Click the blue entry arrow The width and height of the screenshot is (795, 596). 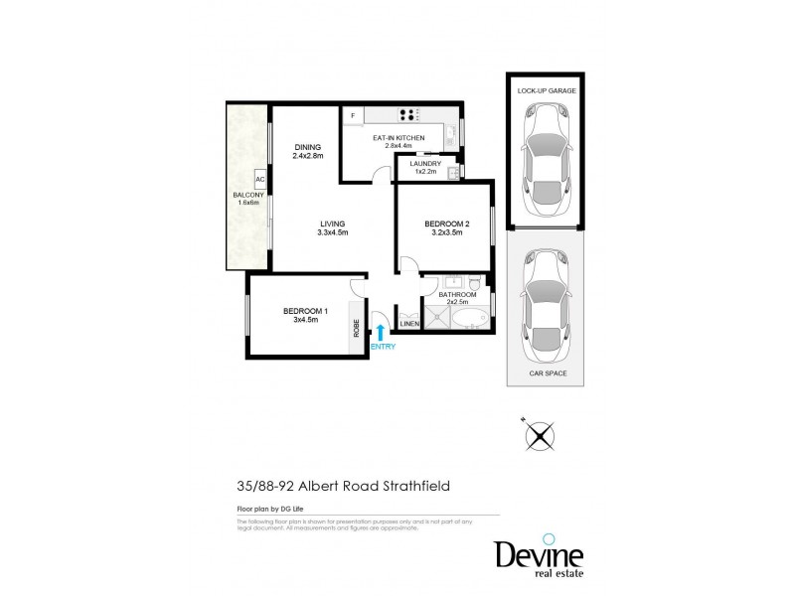coord(380,331)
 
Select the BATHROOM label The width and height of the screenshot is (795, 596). coord(459,295)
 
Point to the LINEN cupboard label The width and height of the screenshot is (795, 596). coord(407,324)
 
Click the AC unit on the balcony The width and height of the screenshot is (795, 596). coord(259,180)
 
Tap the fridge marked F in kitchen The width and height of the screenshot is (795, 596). coord(353,116)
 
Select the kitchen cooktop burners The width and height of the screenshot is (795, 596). coord(407,114)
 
